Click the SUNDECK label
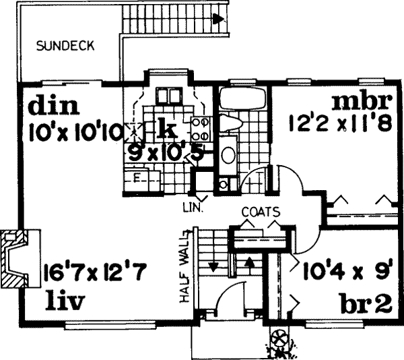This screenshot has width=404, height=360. (x=65, y=47)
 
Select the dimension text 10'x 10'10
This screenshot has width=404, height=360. (x=75, y=132)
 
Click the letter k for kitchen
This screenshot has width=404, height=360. (x=166, y=126)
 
